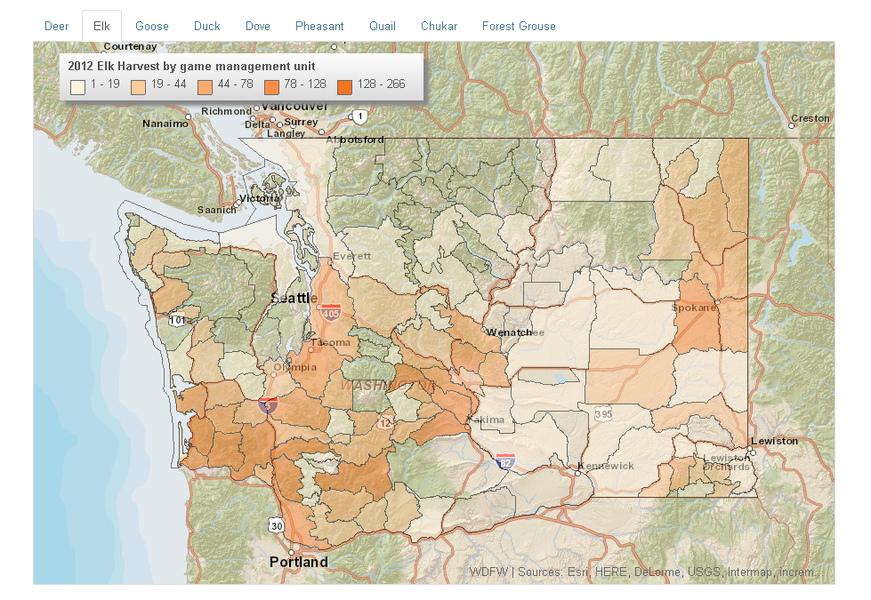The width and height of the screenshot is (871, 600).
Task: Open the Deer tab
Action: pyautogui.click(x=57, y=27)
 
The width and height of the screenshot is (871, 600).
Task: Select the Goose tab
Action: pyautogui.click(x=152, y=27)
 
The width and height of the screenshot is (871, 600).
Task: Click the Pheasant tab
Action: pyautogui.click(x=319, y=27)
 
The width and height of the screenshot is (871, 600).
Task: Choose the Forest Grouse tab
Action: pyautogui.click(x=519, y=27)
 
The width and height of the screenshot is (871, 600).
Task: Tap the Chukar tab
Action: pyautogui.click(x=440, y=27)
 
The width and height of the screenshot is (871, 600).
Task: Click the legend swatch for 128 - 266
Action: pyautogui.click(x=345, y=86)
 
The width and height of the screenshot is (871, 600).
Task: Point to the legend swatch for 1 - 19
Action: pyautogui.click(x=78, y=86)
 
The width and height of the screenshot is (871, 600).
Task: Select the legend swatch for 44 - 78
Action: pyautogui.click(x=205, y=86)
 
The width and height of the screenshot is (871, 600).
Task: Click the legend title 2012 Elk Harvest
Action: pyautogui.click(x=191, y=66)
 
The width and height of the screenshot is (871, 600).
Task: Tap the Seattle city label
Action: pyautogui.click(x=293, y=298)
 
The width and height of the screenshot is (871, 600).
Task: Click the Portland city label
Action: pyautogui.click(x=299, y=562)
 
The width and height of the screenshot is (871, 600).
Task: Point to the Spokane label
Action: pyautogui.click(x=694, y=308)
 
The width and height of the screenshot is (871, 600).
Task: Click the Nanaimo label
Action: pyautogui.click(x=165, y=124)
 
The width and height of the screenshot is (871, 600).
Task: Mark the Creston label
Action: pyautogui.click(x=810, y=118)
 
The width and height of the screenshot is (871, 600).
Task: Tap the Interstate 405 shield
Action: pyautogui.click(x=331, y=311)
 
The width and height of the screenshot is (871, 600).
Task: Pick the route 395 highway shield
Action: pyautogui.click(x=603, y=414)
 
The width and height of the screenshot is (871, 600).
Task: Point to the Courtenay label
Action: pyautogui.click(x=132, y=46)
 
